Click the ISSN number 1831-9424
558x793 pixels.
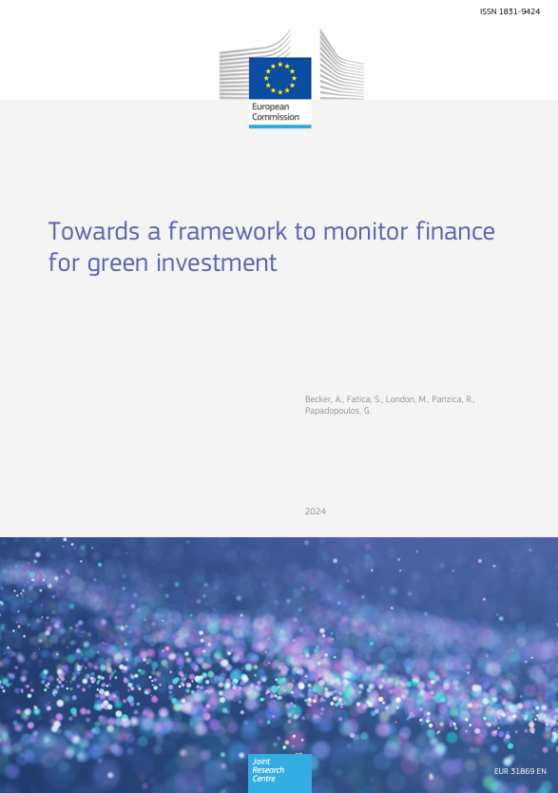tap(520, 11)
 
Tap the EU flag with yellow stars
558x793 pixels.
tap(280, 78)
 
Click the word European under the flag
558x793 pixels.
tap(271, 106)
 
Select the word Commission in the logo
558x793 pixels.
tap(276, 117)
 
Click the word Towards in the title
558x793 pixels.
tap(94, 231)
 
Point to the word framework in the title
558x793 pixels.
tap(227, 231)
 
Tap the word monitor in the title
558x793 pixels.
tap(365, 231)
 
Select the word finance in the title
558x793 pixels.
tap(455, 231)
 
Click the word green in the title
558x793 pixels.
tap(118, 264)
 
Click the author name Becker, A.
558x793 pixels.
tap(323, 399)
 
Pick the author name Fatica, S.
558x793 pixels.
tap(364, 399)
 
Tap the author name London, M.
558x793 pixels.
tap(406, 399)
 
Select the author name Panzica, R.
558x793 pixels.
tap(453, 399)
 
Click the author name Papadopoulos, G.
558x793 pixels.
tap(338, 411)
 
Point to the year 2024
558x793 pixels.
tap(316, 512)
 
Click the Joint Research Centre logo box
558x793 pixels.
tap(279, 773)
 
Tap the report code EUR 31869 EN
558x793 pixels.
tap(520, 771)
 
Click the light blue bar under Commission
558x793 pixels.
tap(280, 126)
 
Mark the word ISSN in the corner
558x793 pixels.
tap(488, 11)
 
